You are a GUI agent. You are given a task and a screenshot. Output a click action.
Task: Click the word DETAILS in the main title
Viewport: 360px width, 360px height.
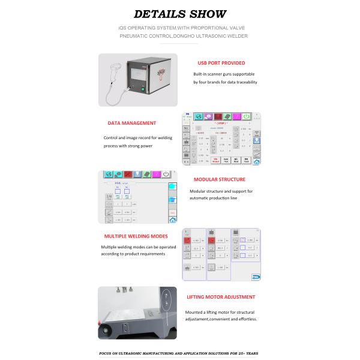click(x=158, y=14)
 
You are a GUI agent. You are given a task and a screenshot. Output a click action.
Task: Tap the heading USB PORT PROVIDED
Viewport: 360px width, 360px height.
click(x=221, y=62)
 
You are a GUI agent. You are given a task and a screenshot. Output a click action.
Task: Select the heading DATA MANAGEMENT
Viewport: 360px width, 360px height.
click(x=132, y=123)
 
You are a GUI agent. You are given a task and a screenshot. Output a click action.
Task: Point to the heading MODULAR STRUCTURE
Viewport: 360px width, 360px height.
click(x=219, y=179)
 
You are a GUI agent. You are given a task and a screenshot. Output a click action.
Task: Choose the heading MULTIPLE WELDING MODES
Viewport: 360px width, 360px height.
click(x=136, y=236)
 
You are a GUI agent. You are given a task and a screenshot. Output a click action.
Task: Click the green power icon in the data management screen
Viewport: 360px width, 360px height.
click(x=245, y=116)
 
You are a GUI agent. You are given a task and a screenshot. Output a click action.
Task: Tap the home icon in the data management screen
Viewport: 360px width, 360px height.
click(x=257, y=161)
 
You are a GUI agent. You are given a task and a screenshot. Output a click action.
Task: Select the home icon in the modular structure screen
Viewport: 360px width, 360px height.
click(x=173, y=220)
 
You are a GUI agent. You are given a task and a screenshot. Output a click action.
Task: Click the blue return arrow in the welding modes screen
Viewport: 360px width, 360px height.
click(x=256, y=277)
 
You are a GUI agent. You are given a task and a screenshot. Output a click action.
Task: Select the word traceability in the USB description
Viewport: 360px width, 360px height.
click(x=245, y=82)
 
